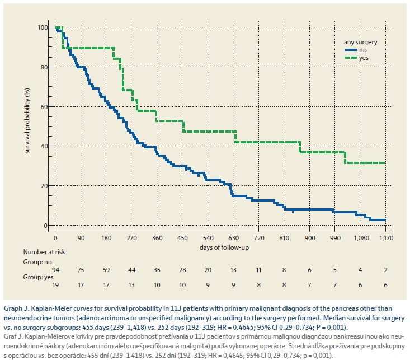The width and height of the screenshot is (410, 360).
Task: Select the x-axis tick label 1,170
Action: tap(385, 237)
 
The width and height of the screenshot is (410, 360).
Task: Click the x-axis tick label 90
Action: tap(81, 237)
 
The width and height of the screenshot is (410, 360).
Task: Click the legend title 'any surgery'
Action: tap(360, 41)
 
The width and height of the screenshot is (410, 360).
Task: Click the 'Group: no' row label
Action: tap(36, 261)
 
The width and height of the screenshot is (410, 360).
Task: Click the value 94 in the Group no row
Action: tap(55, 270)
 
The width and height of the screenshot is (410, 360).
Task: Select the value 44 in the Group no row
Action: tap(132, 270)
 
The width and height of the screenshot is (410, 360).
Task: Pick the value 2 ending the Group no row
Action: tap(385, 270)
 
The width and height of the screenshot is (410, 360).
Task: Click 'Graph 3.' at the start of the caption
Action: tap(18, 308)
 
